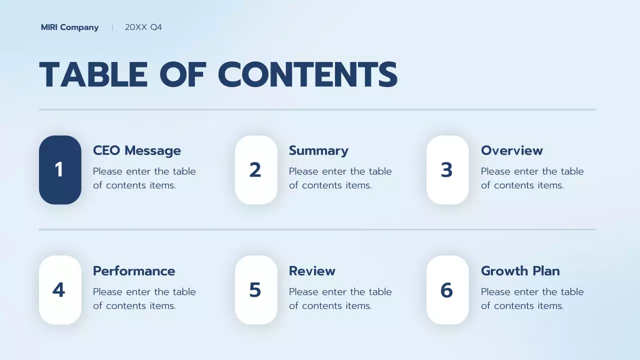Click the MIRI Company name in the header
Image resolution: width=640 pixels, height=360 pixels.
pyautogui.click(x=69, y=27)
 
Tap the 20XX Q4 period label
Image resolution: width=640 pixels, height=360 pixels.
pyautogui.click(x=143, y=27)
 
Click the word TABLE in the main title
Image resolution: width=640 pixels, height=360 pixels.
pyautogui.click(x=93, y=75)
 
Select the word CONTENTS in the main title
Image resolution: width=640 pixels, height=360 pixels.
pyautogui.click(x=307, y=75)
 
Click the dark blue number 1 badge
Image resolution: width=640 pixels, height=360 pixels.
pyautogui.click(x=60, y=170)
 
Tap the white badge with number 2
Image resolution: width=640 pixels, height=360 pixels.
pyautogui.click(x=256, y=170)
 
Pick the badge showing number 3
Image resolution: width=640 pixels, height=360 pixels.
pyautogui.click(x=447, y=170)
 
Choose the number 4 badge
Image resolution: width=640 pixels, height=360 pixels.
pyautogui.click(x=60, y=290)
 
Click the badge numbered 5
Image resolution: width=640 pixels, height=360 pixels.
pyautogui.click(x=256, y=290)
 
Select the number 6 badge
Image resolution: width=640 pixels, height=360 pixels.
pyautogui.click(x=447, y=290)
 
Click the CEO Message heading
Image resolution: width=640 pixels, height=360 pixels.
pyautogui.click(x=137, y=150)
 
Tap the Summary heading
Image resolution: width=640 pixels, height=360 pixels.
pyautogui.click(x=318, y=150)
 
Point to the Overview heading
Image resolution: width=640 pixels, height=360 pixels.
pyautogui.click(x=511, y=150)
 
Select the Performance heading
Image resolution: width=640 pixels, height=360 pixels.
pyautogui.click(x=134, y=271)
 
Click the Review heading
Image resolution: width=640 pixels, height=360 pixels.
pyautogui.click(x=312, y=271)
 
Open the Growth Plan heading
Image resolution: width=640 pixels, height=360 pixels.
pyautogui.click(x=520, y=271)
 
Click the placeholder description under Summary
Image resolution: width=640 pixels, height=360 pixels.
pyautogui.click(x=340, y=178)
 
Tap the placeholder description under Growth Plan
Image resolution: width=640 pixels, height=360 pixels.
pyautogui.click(x=532, y=298)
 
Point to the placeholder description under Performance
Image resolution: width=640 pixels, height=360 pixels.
pyautogui.click(x=144, y=298)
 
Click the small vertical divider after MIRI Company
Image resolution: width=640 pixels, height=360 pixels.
pyautogui.click(x=112, y=27)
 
